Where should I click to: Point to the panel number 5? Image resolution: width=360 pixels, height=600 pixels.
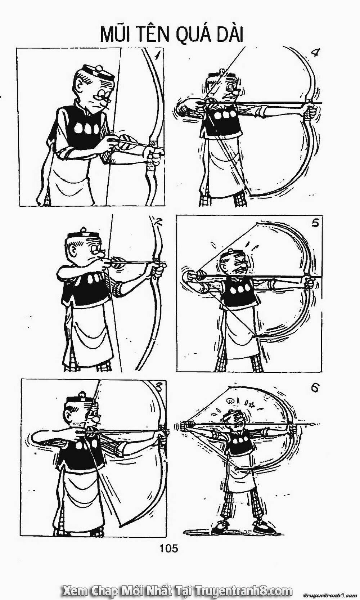tap(315, 223)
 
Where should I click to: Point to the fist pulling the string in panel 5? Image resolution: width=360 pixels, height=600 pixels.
tap(189, 277)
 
